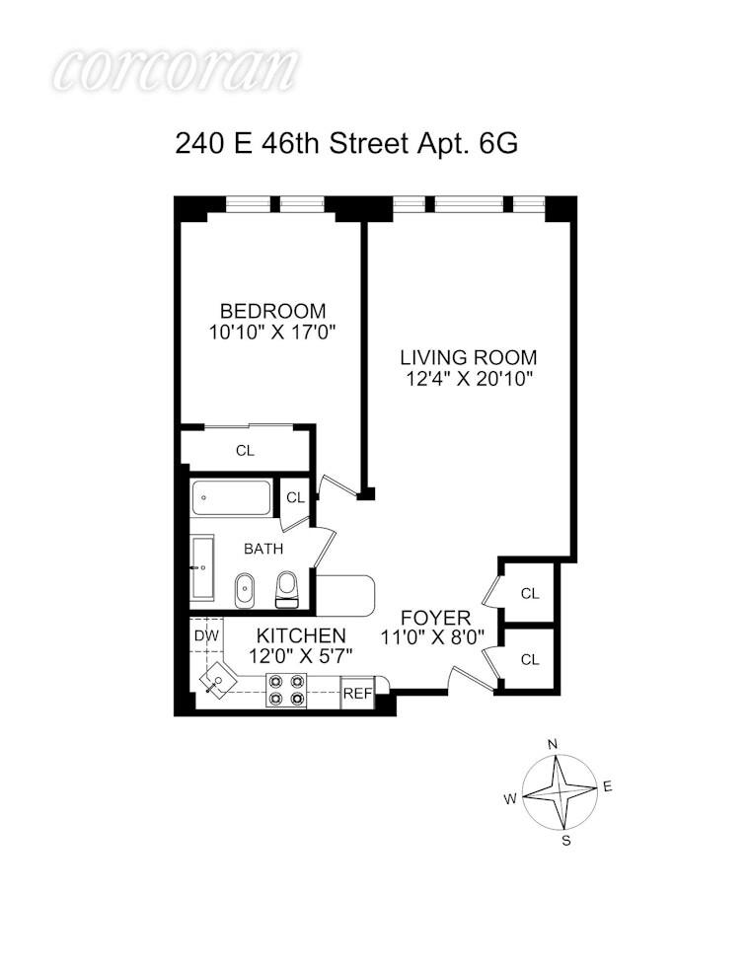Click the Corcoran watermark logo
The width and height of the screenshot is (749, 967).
coord(176,71)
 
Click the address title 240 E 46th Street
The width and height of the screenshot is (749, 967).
coord(346,144)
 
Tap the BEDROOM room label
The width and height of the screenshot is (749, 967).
coord(272,311)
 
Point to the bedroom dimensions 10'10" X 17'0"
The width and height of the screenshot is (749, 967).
coord(272,333)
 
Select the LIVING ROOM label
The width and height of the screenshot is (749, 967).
coord(469,357)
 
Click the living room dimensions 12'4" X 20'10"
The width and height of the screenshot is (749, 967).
coord(469,379)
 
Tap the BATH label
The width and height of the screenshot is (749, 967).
coord(263,549)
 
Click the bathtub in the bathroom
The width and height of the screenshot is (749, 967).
coord(231,498)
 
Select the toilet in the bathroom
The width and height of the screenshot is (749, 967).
coord(287,589)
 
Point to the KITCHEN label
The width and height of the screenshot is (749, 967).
coord(301,635)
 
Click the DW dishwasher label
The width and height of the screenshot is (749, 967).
coord(205,636)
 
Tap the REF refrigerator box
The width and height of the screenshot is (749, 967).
coord(357,694)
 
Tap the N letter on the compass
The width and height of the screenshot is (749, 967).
coord(554,743)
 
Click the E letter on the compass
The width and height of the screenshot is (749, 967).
coord(608,786)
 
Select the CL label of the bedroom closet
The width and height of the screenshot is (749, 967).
coord(245,451)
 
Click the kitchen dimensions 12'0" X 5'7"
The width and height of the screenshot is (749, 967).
coord(301,655)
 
